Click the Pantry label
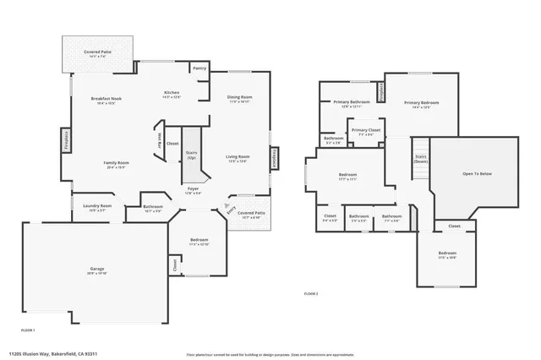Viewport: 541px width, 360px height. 199,68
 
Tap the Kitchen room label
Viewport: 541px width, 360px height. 172,93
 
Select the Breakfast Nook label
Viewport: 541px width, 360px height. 107,100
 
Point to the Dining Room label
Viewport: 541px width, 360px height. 240,98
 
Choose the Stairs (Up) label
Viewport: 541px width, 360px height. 191,155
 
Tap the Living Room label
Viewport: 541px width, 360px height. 238,157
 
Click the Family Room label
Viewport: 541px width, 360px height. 116,163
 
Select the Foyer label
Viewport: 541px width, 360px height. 193,188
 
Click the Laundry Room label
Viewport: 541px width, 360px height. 97,206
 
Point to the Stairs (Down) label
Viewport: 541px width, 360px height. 420,158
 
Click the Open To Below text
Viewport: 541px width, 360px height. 477,174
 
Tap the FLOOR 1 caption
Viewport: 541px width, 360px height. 28,330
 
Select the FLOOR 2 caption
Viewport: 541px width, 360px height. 311,293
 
